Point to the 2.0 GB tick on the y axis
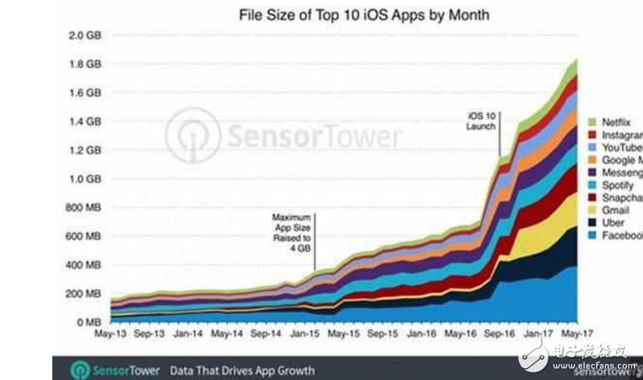[x=86, y=35]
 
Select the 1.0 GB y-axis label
[x=86, y=179]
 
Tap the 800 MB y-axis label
[x=84, y=208]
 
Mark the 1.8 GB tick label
[x=86, y=64]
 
